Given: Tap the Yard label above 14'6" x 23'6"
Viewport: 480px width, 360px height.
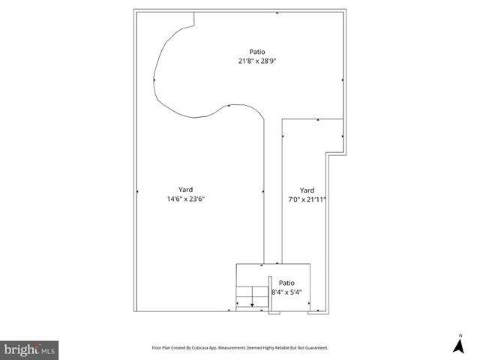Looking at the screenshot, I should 186,190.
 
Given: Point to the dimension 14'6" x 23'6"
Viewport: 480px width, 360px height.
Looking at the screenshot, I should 186,199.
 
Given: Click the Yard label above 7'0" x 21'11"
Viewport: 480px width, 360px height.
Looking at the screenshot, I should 307,190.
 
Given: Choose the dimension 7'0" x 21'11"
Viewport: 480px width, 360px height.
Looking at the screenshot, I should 307,199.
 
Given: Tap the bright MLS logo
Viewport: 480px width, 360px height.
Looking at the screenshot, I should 30,349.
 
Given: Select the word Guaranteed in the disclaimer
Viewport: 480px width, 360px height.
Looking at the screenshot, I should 314,348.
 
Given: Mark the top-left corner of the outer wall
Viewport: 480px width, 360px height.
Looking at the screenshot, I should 134,10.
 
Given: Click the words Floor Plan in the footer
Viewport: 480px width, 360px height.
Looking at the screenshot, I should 163,348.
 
